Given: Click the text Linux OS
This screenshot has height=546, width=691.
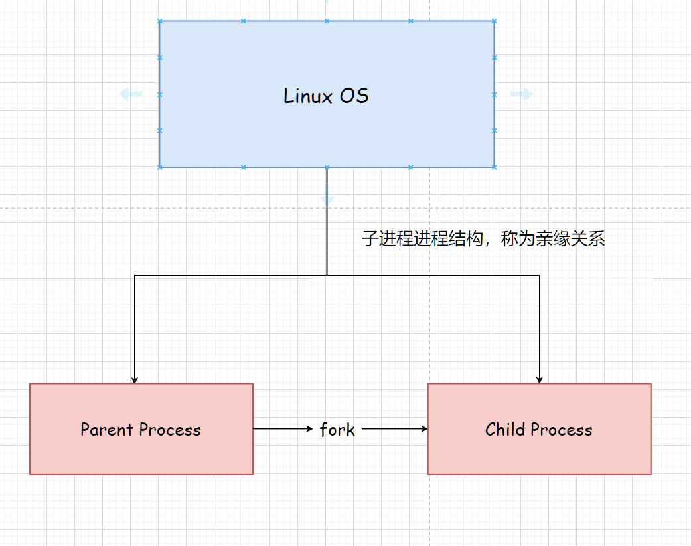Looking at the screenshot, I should coord(326,96).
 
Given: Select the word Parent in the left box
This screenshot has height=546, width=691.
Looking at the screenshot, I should coord(107,430).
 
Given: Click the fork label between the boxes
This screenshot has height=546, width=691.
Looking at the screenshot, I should coord(337,430).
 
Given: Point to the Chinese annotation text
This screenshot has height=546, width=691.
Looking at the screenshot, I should coord(483,239).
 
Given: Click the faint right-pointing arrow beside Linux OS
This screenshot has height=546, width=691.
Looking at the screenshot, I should coord(522,94).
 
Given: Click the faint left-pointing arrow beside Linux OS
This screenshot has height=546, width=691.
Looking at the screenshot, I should coord(130,94).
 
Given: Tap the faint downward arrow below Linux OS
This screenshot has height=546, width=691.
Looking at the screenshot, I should coord(327,193).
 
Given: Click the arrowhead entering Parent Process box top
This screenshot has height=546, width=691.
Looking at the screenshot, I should coord(135,380).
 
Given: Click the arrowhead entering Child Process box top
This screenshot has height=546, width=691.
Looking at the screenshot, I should coord(540,380).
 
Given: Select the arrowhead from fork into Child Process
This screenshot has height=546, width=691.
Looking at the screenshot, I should coord(424,429).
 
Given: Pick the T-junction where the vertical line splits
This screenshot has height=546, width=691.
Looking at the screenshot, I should coord(327,275).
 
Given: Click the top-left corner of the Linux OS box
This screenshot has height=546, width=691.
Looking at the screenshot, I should coord(160,21).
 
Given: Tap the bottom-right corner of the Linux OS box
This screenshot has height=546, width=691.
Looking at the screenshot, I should coord(494,167).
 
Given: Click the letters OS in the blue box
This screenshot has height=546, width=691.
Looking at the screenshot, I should coord(354,96).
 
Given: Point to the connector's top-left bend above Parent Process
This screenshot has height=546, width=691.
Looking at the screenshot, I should coord(135,276).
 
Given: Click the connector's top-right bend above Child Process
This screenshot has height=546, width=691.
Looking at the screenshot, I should coord(539,276).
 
